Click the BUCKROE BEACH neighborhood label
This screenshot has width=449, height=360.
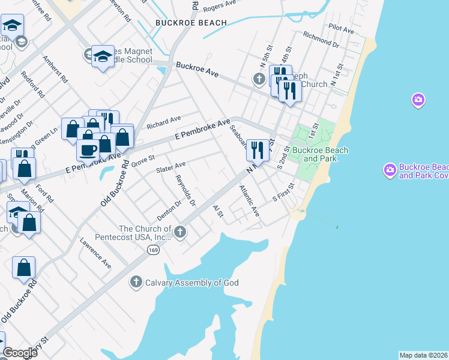point(191,23)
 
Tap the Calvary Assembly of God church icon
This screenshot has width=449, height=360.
point(136,282)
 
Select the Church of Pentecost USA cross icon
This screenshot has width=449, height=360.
point(179,232)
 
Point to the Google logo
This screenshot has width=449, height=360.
point(20,353)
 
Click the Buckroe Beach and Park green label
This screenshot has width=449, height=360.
point(318,154)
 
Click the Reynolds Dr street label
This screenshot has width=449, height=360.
point(185,191)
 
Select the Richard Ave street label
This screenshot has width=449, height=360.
point(163,122)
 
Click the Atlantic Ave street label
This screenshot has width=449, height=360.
point(249,200)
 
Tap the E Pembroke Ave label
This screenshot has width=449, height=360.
point(203,130)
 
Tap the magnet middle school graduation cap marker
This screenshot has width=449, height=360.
point(103,57)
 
